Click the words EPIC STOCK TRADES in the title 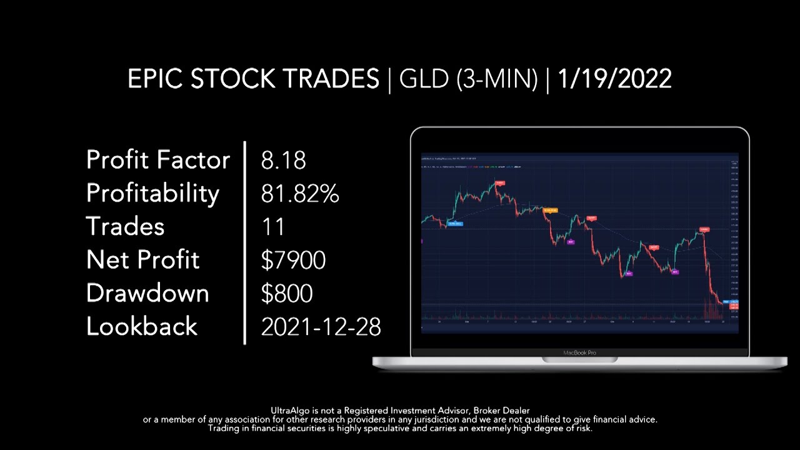coord(253,79)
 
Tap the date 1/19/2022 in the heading coord(614,79)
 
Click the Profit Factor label coord(157,160)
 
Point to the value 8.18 coord(283,161)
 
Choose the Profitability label coord(152,194)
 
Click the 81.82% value coord(299,194)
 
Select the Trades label coord(125,226)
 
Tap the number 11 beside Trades coord(273,227)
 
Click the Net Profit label coord(142,260)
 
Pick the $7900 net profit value coord(293,260)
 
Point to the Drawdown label coord(147,293)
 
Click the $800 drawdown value coord(286,293)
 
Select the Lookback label coord(141,326)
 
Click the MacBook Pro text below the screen coord(579,352)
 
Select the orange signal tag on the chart coord(550,211)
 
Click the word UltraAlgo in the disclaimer coord(291,411)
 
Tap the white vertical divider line coord(244,242)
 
